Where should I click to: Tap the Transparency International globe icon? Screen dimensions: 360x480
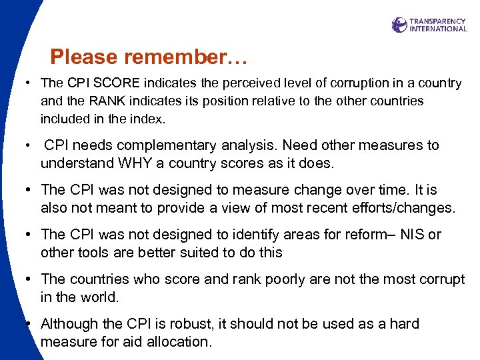pos(399,25)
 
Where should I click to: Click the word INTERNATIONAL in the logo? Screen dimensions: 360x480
pos(438,29)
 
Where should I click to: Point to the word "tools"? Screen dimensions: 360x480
pos(91,253)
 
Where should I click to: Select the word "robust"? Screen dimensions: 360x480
pos(201,324)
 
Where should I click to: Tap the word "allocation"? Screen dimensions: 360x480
pos(177,342)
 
